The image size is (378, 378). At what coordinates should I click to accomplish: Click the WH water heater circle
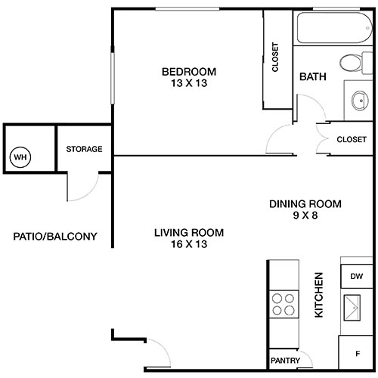pos(20,157)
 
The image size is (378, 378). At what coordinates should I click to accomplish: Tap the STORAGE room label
pos(84,149)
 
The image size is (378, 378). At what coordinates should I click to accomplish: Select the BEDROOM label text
pos(188,72)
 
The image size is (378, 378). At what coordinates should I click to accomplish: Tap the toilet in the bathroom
pos(352,64)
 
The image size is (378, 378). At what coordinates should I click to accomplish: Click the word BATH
pos(312,77)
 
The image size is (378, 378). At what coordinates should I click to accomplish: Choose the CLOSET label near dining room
pos(352,139)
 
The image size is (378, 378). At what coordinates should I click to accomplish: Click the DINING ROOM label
pos(306,203)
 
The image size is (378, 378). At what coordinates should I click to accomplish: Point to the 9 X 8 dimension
pos(306,215)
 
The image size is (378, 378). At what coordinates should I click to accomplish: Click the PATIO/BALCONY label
pos(55,236)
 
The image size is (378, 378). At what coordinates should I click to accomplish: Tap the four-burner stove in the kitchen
pos(283,304)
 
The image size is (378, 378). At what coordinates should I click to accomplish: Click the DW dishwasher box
pos(356,277)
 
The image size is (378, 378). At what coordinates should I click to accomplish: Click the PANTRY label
pos(286,361)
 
